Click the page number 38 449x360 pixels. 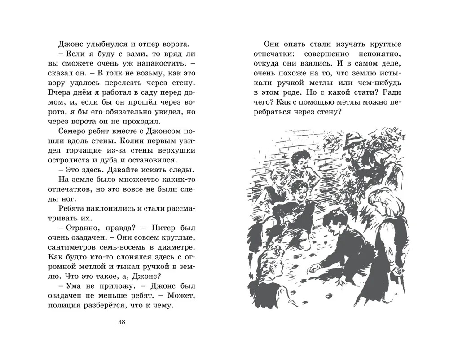[121, 321]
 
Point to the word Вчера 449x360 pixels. [58, 92]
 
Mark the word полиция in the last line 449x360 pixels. [66, 306]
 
